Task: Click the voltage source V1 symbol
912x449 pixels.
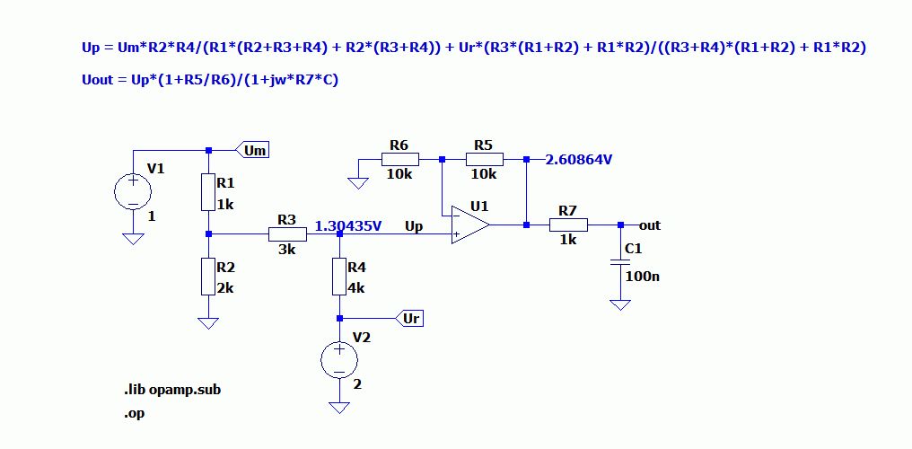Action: pyautogui.click(x=133, y=192)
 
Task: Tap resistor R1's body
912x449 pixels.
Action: pyautogui.click(x=208, y=192)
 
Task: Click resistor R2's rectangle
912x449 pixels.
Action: pyautogui.click(x=208, y=277)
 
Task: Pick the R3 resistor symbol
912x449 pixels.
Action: pyautogui.click(x=287, y=234)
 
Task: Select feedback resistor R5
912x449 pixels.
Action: pyautogui.click(x=484, y=160)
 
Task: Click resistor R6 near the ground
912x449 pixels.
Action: pyautogui.click(x=399, y=160)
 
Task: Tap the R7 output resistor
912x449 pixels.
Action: pyautogui.click(x=568, y=224)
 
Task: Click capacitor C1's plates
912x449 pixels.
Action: pyautogui.click(x=620, y=262)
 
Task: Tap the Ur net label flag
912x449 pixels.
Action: pyautogui.click(x=410, y=318)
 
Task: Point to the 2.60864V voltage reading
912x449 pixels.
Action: pyautogui.click(x=578, y=160)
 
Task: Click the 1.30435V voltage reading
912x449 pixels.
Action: pyautogui.click(x=348, y=225)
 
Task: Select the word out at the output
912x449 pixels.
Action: pyautogui.click(x=650, y=224)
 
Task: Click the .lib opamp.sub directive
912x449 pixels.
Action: pyautogui.click(x=172, y=391)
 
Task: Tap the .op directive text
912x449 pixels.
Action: pyautogui.click(x=134, y=413)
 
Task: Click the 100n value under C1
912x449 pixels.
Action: pyautogui.click(x=642, y=277)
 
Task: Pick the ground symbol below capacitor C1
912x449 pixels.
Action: pyautogui.click(x=620, y=305)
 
